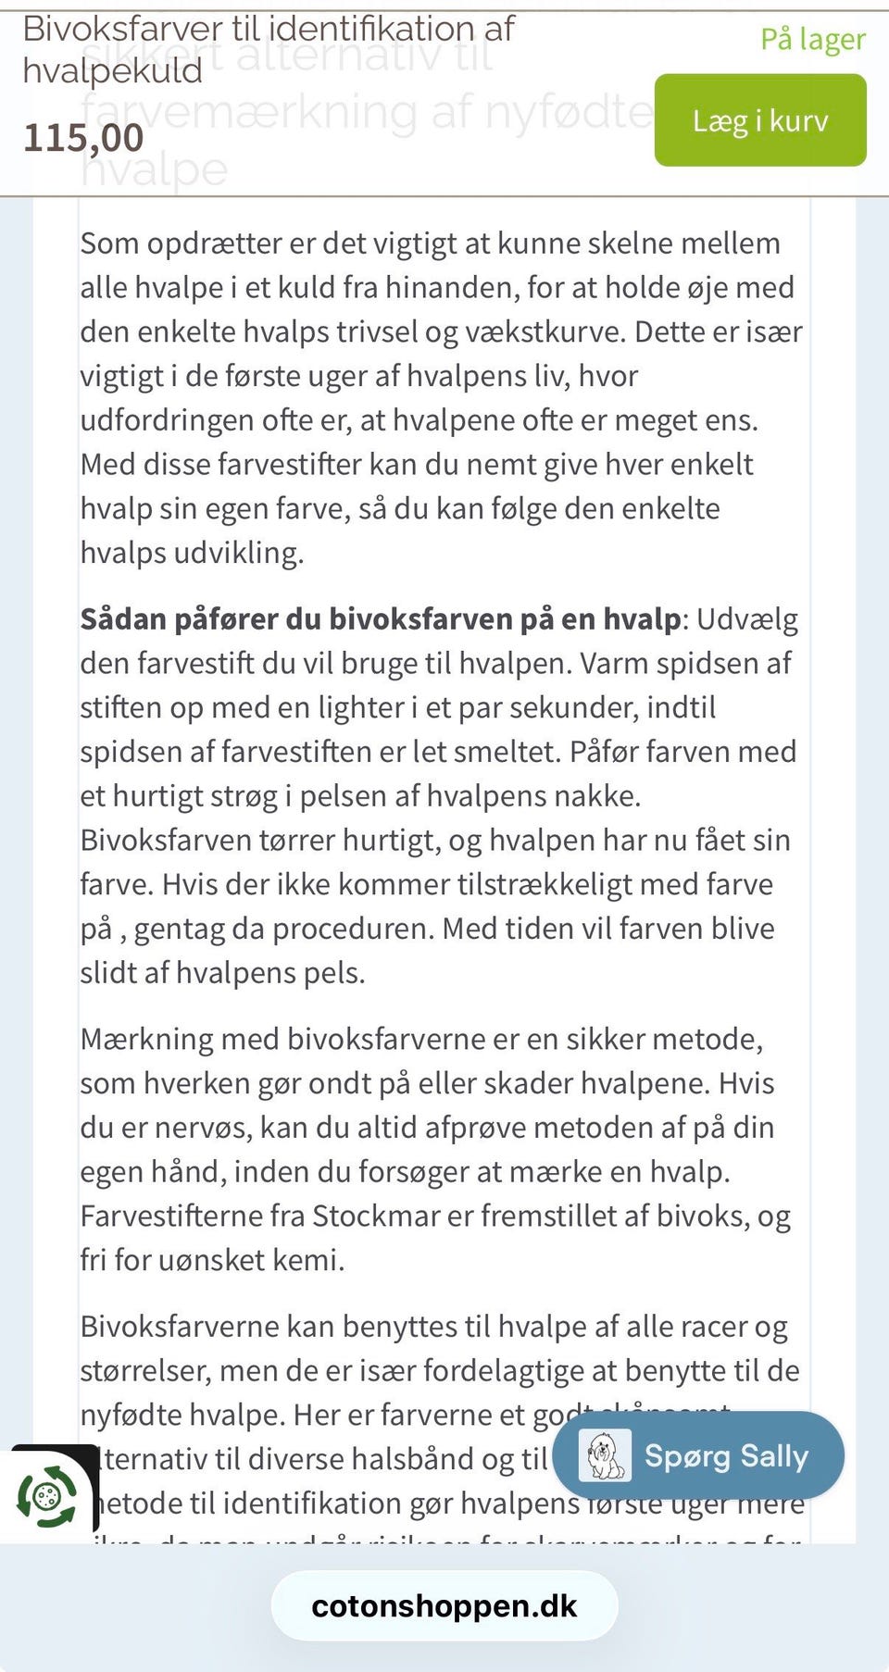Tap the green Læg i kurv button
point(760,120)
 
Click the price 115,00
point(83,138)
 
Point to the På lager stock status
point(812,40)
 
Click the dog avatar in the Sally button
point(604,1455)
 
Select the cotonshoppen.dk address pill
point(444,1606)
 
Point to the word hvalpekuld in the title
point(112,71)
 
